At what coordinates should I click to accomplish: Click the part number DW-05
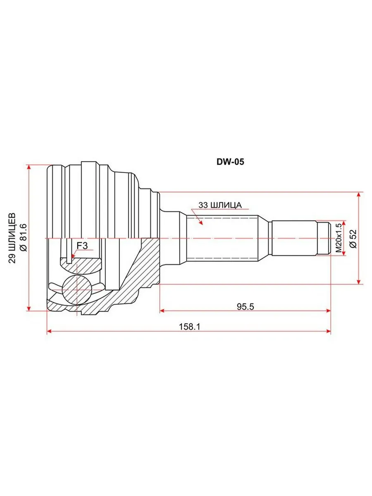[x=230, y=162]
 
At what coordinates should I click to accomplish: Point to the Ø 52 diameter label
[x=353, y=239]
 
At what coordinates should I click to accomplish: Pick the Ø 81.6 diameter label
[x=24, y=237]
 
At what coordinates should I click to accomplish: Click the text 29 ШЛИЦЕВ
[x=12, y=238]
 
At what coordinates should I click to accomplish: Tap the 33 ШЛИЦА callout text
[x=220, y=205]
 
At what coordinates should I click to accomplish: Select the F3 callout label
[x=82, y=246]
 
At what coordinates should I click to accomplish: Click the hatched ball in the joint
[x=77, y=290]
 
